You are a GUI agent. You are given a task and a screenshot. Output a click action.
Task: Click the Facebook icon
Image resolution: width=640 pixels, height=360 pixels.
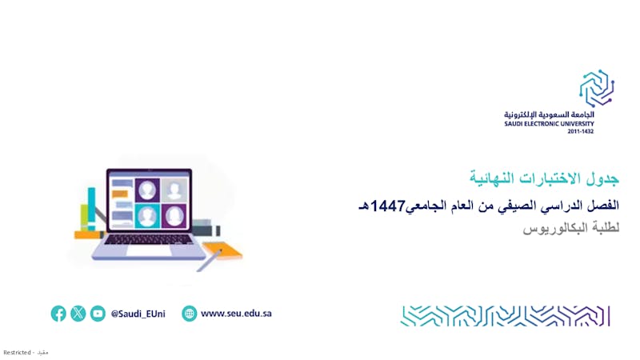tap(58, 314)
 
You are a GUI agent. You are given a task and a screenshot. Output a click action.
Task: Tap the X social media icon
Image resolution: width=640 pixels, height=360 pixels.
tap(78, 314)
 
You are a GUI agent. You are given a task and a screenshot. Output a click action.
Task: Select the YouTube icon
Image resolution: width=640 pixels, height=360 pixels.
tap(98, 314)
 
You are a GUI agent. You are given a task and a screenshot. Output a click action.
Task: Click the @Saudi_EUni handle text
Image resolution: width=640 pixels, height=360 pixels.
tap(138, 314)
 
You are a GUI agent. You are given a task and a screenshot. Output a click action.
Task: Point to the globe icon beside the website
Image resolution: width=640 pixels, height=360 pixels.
tap(189, 314)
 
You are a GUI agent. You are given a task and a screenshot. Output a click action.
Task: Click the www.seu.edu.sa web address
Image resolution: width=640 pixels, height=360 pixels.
tap(236, 314)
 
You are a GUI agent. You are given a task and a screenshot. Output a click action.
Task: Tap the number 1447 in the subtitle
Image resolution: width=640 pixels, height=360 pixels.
tap(387, 206)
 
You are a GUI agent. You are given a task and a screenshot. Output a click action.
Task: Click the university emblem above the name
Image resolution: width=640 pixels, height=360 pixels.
tap(597, 88)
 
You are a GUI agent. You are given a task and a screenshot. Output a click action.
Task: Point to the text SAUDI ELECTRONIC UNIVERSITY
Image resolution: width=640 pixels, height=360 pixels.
tap(549, 124)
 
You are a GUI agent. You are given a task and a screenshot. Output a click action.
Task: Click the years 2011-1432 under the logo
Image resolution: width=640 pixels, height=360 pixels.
tap(581, 131)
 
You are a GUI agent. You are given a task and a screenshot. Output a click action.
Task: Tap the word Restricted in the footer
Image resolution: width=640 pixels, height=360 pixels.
tap(17, 352)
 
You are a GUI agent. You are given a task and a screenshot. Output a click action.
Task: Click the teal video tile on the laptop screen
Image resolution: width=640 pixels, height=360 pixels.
tap(147, 215)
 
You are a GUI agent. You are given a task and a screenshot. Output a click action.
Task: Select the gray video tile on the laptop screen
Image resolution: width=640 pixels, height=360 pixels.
tap(174, 190)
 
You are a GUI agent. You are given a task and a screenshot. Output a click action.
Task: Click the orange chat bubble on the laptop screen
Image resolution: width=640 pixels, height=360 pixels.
tap(119, 194)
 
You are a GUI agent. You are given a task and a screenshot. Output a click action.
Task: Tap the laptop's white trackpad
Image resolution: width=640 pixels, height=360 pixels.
tap(149, 250)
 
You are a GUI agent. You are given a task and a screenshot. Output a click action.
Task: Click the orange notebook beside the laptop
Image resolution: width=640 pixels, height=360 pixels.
tap(223, 250)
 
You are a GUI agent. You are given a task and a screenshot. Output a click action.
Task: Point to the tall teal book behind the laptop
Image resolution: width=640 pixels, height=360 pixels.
tap(91, 209)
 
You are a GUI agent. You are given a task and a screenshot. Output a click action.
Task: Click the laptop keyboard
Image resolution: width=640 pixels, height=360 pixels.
tap(149, 239)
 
